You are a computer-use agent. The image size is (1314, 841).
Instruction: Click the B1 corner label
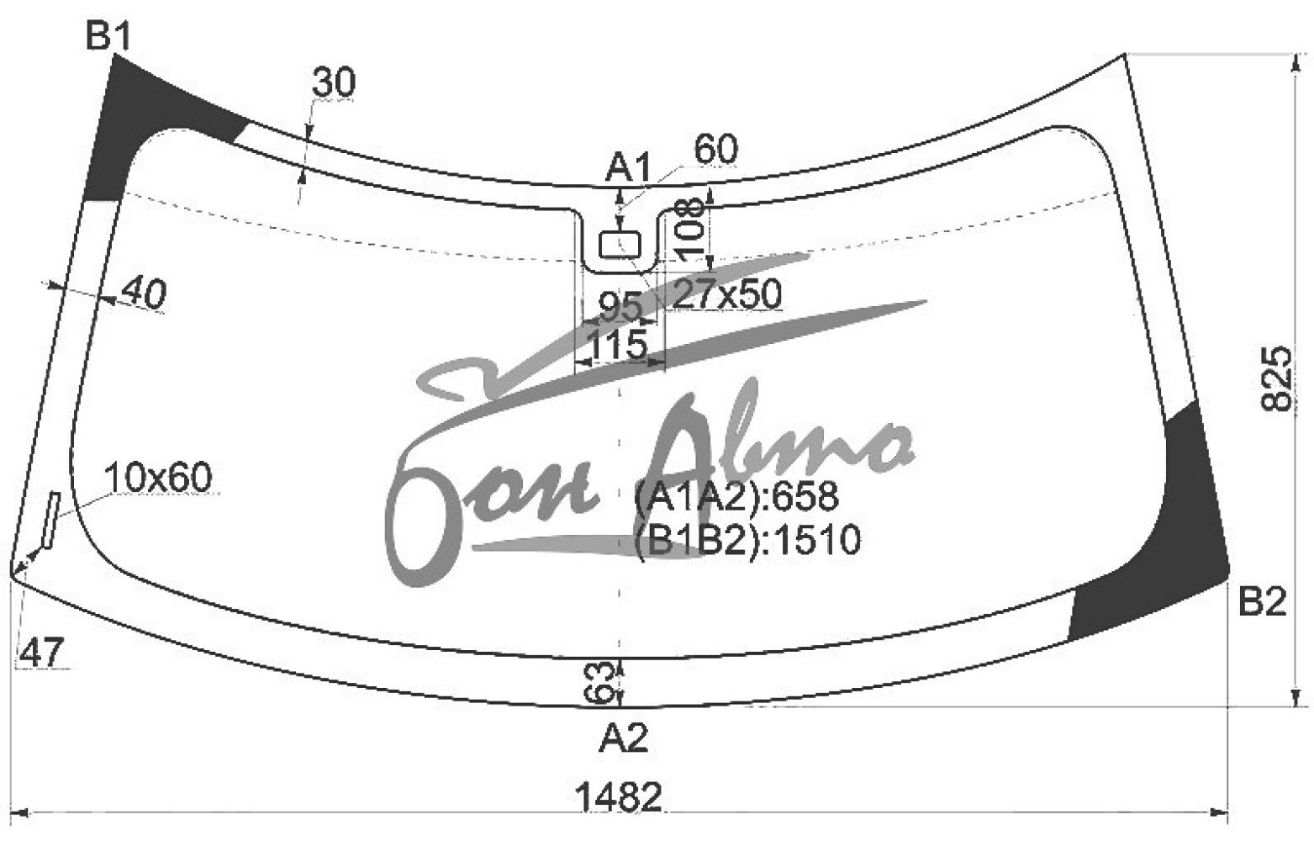pyautogui.click(x=108, y=36)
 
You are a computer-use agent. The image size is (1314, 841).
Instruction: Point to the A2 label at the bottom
pyautogui.click(x=624, y=737)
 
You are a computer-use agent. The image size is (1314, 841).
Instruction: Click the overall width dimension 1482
pyautogui.click(x=620, y=797)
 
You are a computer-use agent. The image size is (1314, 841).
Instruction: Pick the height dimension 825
pyautogui.click(x=1276, y=378)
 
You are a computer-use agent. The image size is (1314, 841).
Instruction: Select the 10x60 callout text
pyautogui.click(x=158, y=477)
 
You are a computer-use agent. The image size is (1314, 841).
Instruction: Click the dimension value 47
pyautogui.click(x=41, y=652)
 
